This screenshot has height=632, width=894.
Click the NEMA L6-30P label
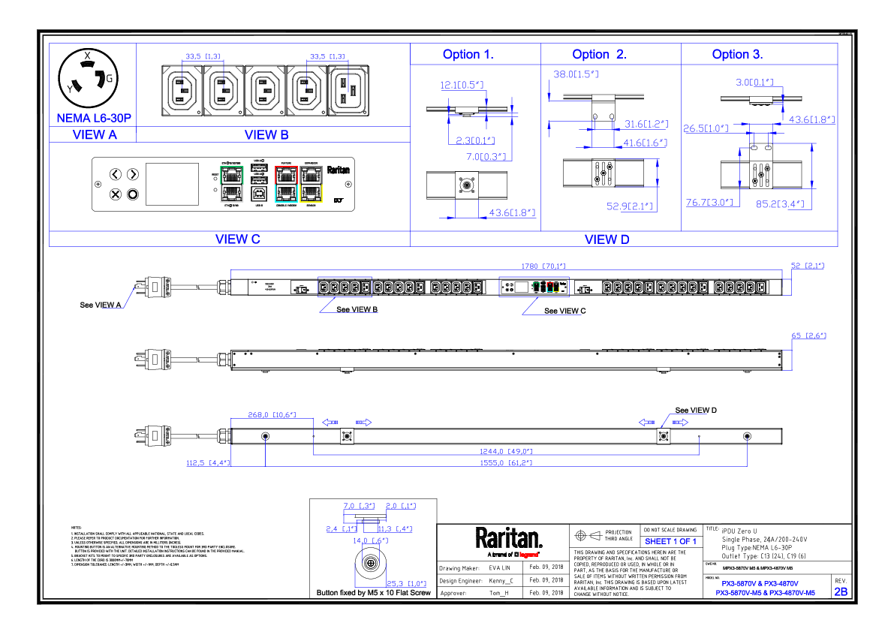click(x=94, y=119)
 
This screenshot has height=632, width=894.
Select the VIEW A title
click(x=95, y=135)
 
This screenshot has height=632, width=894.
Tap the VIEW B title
click(x=266, y=135)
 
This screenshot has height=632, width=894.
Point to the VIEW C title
click(x=237, y=240)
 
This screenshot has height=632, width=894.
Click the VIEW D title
click(x=607, y=240)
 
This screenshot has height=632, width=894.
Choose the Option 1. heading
click(x=468, y=55)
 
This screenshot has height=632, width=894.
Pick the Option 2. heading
click(x=599, y=55)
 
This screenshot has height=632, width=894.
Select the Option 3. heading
click(x=737, y=55)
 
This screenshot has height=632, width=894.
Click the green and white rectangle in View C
click(x=232, y=185)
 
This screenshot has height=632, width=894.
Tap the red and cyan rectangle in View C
click(x=286, y=185)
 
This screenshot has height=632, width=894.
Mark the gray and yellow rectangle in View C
click(x=311, y=185)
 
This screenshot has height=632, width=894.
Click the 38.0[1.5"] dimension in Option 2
click(x=576, y=74)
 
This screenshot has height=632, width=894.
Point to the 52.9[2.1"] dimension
click(x=630, y=206)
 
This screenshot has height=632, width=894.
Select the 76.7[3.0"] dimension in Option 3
click(x=709, y=203)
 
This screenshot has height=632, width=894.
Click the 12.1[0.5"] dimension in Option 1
click(x=462, y=86)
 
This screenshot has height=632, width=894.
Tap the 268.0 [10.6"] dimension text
click(x=272, y=415)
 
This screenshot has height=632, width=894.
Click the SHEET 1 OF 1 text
click(x=670, y=542)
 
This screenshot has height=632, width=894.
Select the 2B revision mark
click(x=841, y=592)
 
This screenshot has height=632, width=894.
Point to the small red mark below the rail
click(x=528, y=555)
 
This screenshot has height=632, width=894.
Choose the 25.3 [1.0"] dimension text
click(x=406, y=584)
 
